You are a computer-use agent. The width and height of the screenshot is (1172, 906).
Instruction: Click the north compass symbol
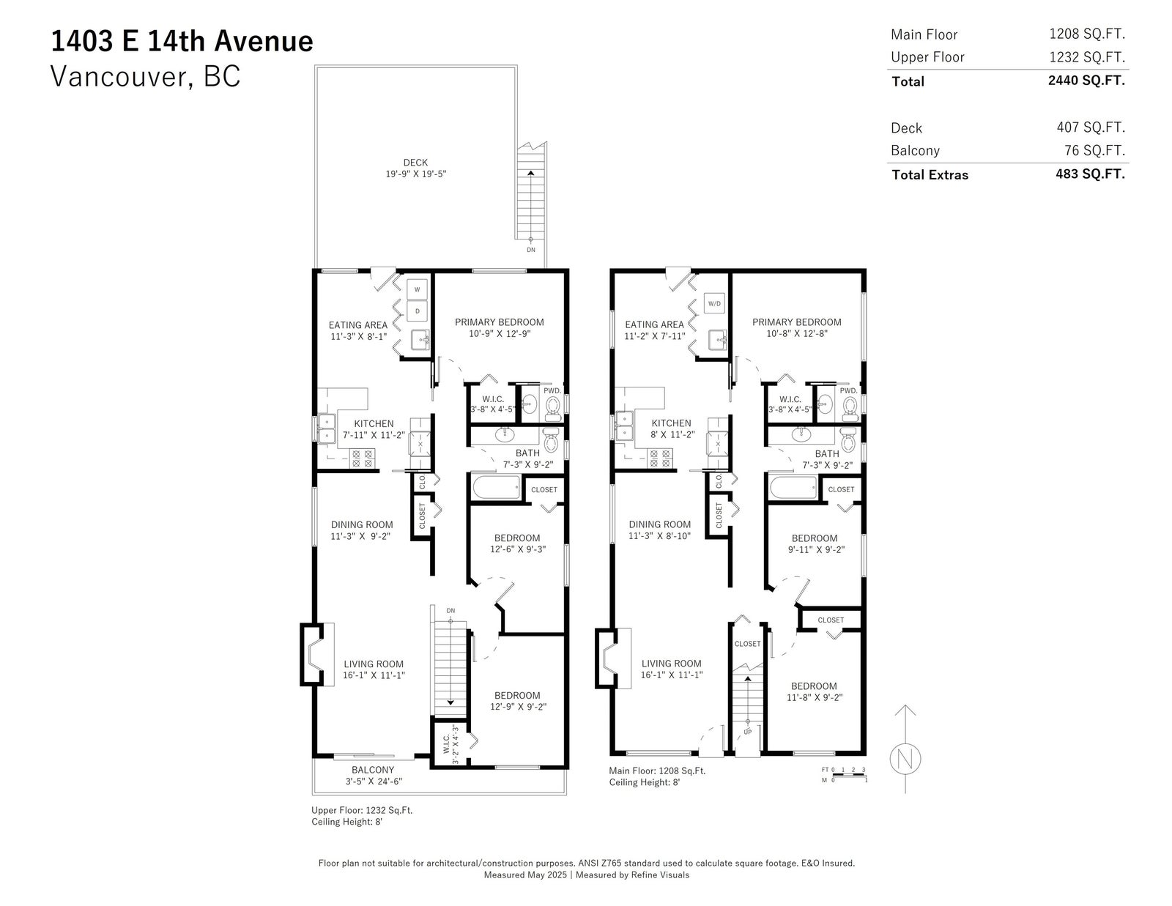[x=905, y=760]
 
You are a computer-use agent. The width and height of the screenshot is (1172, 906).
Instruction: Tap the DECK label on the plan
[x=415, y=163]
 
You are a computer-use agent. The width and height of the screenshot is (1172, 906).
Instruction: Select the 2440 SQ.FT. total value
[x=1086, y=81]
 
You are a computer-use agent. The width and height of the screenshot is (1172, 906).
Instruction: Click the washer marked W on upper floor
[x=417, y=289]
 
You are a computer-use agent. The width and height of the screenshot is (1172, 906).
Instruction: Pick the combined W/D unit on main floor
[x=714, y=303]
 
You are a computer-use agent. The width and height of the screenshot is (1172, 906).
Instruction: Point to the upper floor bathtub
[x=497, y=488]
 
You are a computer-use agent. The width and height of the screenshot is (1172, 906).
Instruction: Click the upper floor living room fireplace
[x=313, y=654]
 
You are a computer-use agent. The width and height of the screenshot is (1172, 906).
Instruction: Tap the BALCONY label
[x=373, y=770]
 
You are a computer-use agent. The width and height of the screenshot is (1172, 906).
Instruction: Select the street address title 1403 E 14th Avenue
[x=182, y=41]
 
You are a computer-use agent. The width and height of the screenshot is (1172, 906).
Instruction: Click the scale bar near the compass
[x=850, y=775]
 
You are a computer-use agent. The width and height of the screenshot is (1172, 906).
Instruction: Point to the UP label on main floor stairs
[x=748, y=732]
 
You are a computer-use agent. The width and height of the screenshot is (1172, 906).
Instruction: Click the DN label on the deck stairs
[x=531, y=250]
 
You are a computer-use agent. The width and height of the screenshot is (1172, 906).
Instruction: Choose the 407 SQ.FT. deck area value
[x=1091, y=127]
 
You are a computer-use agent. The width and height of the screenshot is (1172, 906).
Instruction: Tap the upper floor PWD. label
[x=552, y=390]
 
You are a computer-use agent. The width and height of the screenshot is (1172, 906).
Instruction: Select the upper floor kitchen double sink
[x=326, y=428]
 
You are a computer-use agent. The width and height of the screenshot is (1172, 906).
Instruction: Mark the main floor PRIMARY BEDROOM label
[x=797, y=322]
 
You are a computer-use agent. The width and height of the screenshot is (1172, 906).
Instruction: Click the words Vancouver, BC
[x=146, y=76]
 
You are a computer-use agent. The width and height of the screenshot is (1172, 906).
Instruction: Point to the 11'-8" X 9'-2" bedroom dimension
[x=815, y=697]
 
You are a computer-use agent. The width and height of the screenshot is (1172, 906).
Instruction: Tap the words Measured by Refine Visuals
[x=632, y=875]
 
